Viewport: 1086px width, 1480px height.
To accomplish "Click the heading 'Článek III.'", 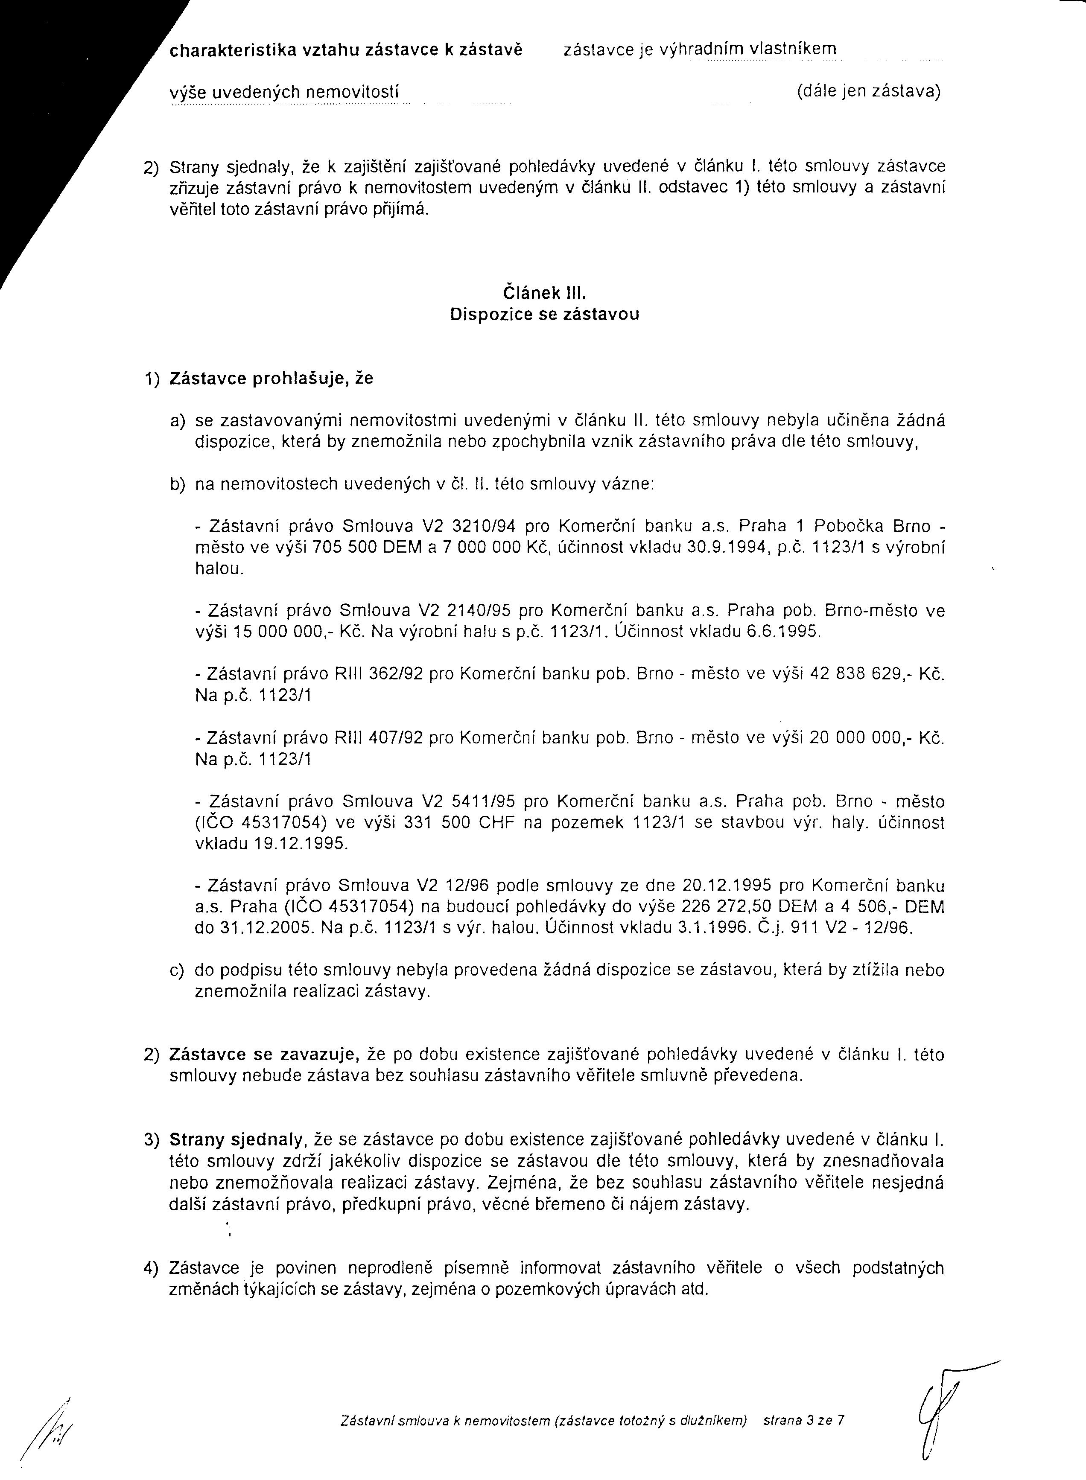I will point(544,292).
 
